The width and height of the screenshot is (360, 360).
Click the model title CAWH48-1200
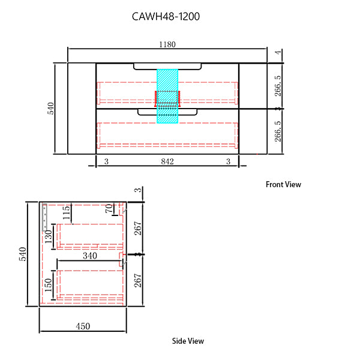click(166, 17)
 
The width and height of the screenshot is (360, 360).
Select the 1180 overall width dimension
click(167, 44)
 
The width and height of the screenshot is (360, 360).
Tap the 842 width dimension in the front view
click(167, 161)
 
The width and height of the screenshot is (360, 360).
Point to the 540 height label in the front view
click(51, 108)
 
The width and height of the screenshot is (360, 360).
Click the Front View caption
click(283, 185)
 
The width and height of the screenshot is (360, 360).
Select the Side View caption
click(188, 341)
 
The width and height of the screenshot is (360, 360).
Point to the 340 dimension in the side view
click(90, 256)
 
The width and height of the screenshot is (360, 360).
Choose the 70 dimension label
click(109, 209)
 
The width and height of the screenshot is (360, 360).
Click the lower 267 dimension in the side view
click(139, 280)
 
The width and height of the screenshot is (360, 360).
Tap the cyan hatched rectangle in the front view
click(168, 96)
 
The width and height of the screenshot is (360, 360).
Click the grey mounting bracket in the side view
click(46, 218)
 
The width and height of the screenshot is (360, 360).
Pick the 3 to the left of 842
click(106, 161)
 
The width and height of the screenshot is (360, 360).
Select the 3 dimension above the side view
click(138, 191)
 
